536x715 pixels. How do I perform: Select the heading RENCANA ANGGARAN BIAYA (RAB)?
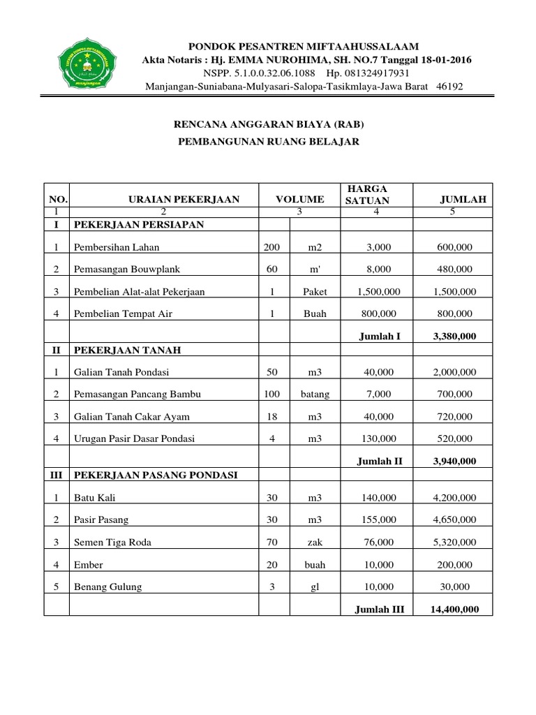[269, 124]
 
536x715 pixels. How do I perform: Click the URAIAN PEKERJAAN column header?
[184, 199]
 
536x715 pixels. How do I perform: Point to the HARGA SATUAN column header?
[366, 194]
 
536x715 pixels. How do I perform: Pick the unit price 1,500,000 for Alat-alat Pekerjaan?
[376, 292]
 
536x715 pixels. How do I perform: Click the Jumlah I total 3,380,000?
[454, 336]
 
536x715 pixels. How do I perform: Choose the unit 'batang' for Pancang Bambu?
[314, 394]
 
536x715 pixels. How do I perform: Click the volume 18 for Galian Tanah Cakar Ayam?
[271, 416]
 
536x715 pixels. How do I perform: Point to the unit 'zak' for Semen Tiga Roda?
[314, 543]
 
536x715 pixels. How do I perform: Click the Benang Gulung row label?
[107, 587]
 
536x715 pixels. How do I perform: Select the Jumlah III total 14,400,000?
[454, 610]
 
